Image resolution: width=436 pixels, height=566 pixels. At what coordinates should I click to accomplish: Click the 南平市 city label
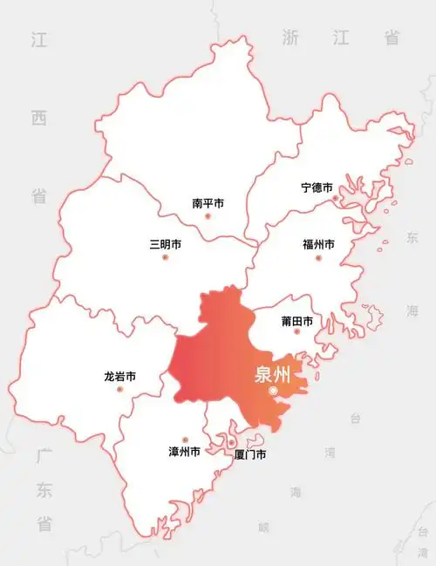(x=208, y=203)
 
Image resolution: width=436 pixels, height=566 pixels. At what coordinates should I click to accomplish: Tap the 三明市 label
(x=166, y=245)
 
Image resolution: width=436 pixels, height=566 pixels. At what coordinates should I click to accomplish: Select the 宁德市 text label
(x=317, y=188)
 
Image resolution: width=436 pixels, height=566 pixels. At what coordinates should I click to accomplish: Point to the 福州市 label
(x=318, y=245)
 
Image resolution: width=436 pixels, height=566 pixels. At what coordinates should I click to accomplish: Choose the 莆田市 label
(x=297, y=322)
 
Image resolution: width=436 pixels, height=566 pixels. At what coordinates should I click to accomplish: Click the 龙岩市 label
(x=119, y=378)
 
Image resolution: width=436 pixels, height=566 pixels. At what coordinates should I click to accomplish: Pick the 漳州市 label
(x=184, y=453)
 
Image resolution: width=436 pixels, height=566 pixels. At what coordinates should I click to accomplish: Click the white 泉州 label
(x=272, y=375)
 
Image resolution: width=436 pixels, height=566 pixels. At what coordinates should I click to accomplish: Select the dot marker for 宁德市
(x=336, y=199)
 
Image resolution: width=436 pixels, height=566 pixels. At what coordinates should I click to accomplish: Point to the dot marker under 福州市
(x=318, y=256)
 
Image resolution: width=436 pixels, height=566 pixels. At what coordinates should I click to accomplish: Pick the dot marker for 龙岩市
(x=119, y=389)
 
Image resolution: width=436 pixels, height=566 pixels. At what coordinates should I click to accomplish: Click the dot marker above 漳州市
(x=184, y=440)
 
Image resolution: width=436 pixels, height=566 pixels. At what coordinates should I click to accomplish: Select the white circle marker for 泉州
(x=273, y=392)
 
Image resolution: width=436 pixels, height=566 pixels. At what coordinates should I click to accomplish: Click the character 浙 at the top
(x=290, y=37)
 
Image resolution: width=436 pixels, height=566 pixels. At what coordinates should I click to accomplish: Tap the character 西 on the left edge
(x=37, y=117)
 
